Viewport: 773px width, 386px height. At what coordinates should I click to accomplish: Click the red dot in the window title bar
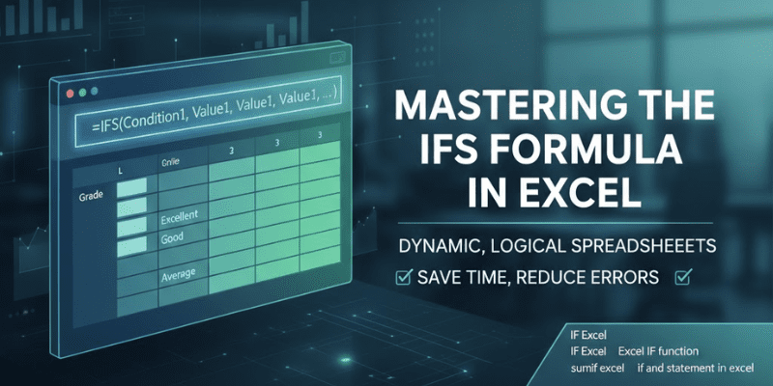coord(69,94)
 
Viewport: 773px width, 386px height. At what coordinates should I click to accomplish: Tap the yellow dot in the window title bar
coord(82,94)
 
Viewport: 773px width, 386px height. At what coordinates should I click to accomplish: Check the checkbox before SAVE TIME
coord(405,278)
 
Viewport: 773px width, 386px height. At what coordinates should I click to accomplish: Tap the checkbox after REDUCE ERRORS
coord(685,278)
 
